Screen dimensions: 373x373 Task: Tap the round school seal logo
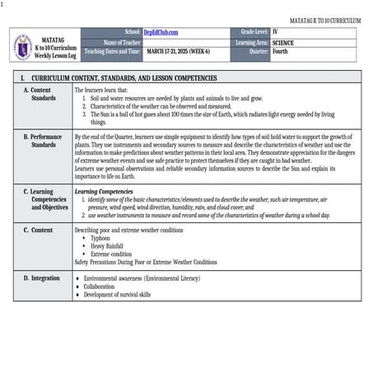click(x=23, y=48)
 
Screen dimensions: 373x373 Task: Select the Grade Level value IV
click(x=276, y=32)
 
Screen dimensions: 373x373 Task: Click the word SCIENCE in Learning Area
click(x=285, y=41)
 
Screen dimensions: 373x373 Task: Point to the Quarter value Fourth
click(x=281, y=51)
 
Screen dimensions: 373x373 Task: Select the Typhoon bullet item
click(x=100, y=238)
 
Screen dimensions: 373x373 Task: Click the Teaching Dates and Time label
click(x=110, y=51)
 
